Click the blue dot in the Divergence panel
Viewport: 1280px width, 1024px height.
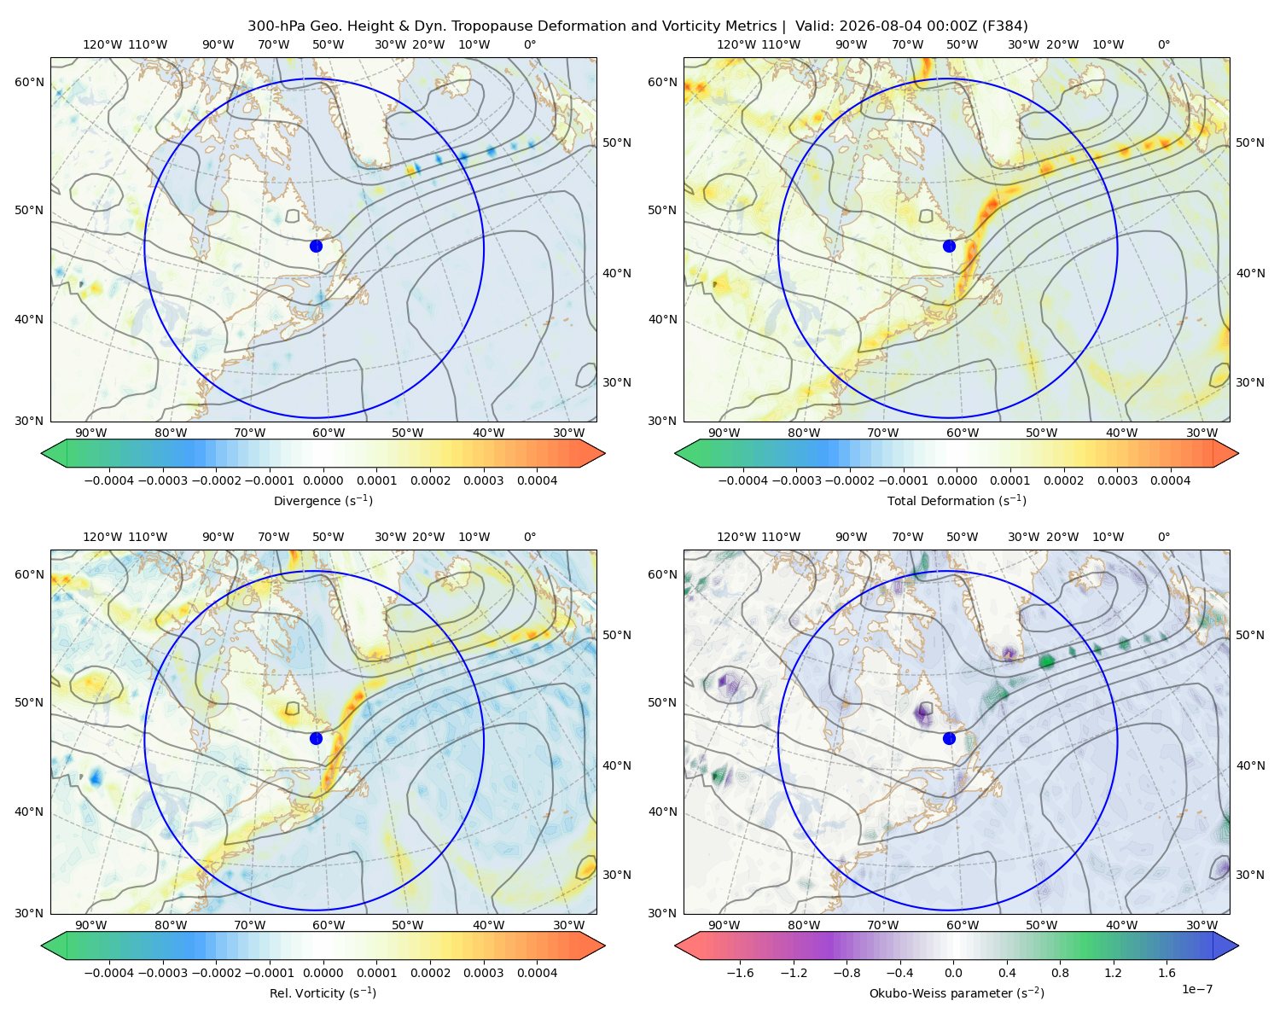316,246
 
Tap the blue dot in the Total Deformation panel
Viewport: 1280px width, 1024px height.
949,246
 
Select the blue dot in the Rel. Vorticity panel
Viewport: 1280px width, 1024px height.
316,738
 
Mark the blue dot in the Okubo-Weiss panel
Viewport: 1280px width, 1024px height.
949,738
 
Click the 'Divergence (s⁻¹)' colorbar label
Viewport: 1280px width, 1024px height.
323,500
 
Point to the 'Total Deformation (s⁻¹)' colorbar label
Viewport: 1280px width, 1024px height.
957,500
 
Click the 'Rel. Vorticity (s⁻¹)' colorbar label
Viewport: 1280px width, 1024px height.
323,992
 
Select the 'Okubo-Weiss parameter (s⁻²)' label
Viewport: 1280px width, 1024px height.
957,992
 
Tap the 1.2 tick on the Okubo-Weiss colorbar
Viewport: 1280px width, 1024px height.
1113,972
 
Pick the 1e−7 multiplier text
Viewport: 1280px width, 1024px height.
1196,989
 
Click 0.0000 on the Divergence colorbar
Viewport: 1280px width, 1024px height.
323,480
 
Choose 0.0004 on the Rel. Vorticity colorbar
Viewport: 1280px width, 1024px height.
537,972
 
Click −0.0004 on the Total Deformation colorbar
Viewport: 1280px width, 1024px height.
743,480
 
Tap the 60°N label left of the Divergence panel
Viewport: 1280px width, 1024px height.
29,82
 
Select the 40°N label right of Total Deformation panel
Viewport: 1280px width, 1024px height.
1250,273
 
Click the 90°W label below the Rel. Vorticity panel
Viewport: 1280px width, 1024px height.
91,925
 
